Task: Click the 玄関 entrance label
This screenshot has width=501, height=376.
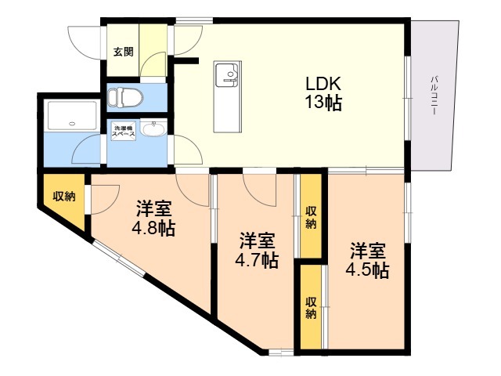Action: click(123, 52)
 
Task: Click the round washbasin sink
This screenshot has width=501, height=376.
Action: click(154, 130)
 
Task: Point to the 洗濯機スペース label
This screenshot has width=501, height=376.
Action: click(123, 132)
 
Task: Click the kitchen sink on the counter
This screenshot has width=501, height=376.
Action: click(229, 77)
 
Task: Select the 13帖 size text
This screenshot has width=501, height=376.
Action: click(321, 102)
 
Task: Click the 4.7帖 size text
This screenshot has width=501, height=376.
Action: click(258, 260)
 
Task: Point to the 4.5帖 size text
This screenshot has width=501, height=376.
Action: click(368, 270)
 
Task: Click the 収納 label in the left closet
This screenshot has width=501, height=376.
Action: click(64, 197)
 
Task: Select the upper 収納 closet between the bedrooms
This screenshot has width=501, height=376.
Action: click(311, 217)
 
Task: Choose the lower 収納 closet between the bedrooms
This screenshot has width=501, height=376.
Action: click(311, 307)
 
